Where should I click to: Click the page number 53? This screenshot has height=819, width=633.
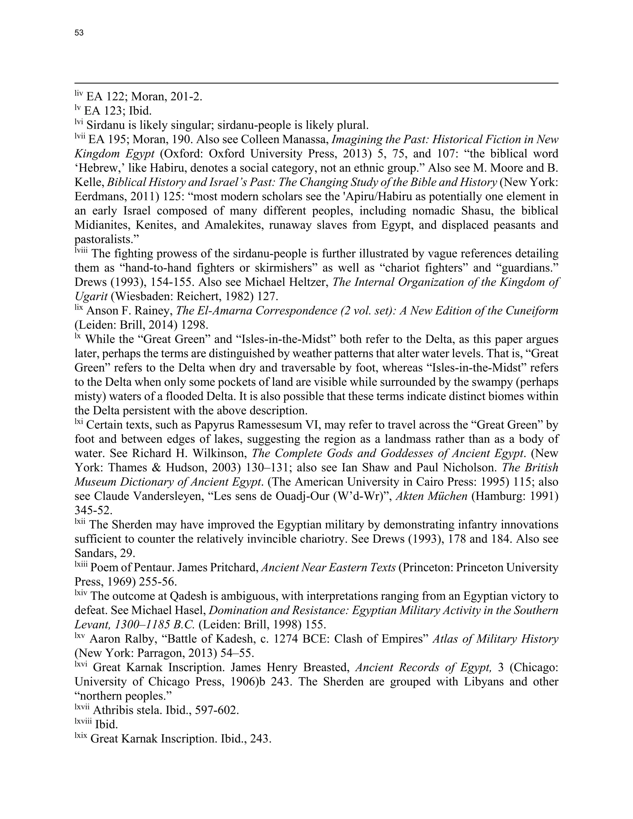click(x=79, y=33)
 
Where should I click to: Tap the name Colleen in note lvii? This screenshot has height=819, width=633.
click(x=260, y=139)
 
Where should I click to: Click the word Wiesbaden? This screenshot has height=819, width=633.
click(x=138, y=296)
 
